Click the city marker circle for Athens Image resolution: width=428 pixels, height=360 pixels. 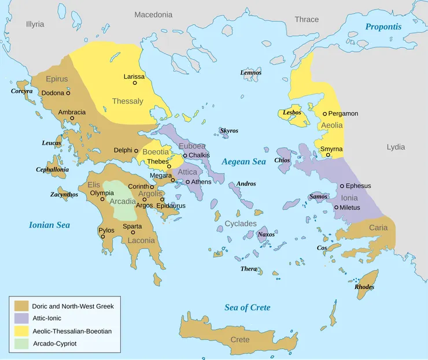point(188,182)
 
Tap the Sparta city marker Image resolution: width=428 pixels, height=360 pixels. point(132,232)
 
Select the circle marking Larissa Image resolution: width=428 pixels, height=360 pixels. point(135,83)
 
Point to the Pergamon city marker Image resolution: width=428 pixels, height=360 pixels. point(325,114)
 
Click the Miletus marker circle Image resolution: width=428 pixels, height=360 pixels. point(337,207)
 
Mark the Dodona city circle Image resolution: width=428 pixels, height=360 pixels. point(68,93)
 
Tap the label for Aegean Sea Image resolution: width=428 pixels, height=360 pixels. point(243,162)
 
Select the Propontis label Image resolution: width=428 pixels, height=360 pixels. point(383,27)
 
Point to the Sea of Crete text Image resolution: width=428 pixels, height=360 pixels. point(248,307)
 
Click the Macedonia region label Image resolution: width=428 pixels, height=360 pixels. point(153,14)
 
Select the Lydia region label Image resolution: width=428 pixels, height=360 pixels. point(396,147)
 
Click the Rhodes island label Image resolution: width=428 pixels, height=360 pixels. point(364,287)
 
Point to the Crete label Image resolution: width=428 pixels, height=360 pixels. point(240,339)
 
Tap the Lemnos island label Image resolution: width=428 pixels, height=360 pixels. point(251,73)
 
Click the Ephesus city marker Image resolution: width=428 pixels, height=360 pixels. point(342,186)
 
